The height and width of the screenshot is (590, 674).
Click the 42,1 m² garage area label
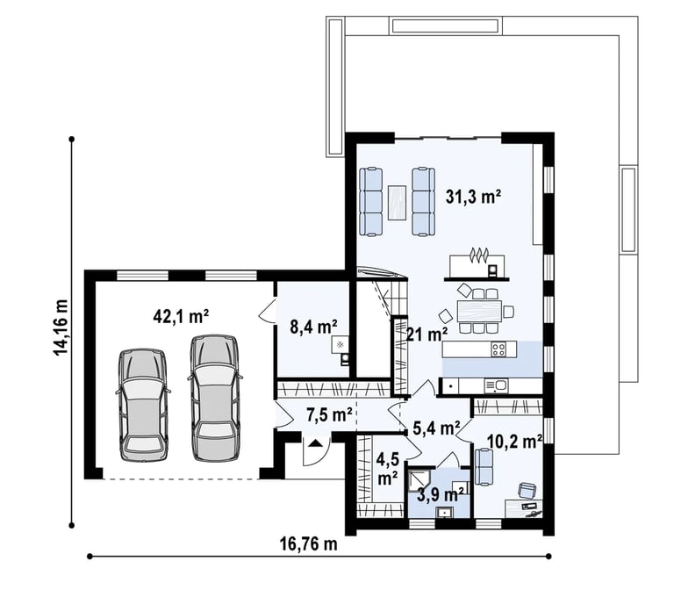tap(181, 317)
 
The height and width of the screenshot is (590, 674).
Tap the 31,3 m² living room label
tap(473, 197)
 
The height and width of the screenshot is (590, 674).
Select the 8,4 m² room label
tap(313, 327)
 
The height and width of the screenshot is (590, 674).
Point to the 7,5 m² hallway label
tap(329, 414)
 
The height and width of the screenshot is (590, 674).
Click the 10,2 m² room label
tap(514, 441)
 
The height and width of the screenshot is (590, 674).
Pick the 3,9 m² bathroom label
tap(441, 495)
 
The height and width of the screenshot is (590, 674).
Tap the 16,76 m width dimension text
tap(308, 544)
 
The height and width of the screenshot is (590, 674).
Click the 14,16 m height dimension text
tap(61, 327)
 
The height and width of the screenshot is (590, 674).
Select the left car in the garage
tap(142, 405)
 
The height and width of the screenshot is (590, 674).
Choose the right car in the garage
tap(215, 399)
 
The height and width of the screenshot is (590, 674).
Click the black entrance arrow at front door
tap(316, 442)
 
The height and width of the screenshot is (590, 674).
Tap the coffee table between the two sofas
tap(398, 202)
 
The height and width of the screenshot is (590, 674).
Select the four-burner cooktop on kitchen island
tap(498, 349)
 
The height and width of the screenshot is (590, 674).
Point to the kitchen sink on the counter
tap(496, 385)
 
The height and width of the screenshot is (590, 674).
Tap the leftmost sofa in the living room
tap(370, 202)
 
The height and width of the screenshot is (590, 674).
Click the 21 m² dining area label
tap(427, 334)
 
